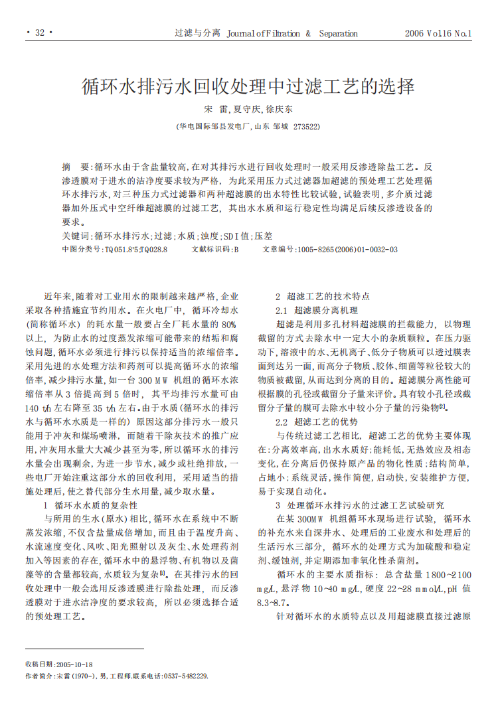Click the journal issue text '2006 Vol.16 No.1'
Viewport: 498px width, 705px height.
click(x=438, y=33)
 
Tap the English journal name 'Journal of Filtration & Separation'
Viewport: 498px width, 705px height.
click(x=292, y=33)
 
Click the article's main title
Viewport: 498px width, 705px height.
click(x=248, y=86)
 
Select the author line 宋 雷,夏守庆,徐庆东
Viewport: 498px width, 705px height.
click(x=248, y=108)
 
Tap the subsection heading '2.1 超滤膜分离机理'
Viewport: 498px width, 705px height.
click(x=316, y=310)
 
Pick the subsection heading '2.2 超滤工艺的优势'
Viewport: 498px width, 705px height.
click(x=316, y=422)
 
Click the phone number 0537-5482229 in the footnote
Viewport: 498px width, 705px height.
click(x=185, y=676)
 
